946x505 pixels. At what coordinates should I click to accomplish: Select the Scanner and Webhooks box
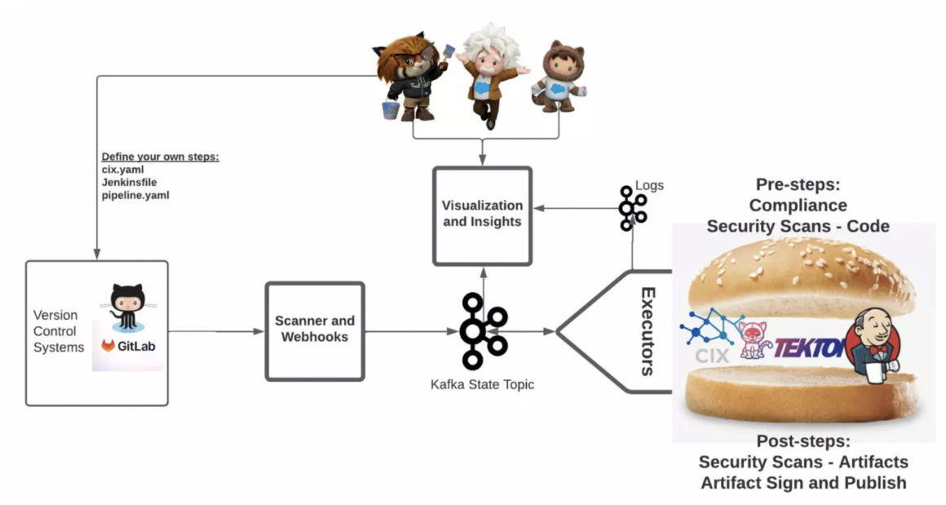(314, 330)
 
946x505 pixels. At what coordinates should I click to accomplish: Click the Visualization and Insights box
(482, 215)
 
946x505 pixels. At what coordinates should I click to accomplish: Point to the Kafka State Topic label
(482, 383)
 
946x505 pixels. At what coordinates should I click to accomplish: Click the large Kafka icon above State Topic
(483, 330)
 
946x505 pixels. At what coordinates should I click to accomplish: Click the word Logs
(650, 186)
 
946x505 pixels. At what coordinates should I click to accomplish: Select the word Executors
(648, 331)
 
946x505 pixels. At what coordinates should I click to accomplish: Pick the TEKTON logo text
(807, 348)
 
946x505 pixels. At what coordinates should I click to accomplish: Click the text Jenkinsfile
(129, 183)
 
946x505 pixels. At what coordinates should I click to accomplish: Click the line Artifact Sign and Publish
(803, 483)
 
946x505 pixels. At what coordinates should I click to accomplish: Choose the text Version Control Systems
(58, 331)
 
